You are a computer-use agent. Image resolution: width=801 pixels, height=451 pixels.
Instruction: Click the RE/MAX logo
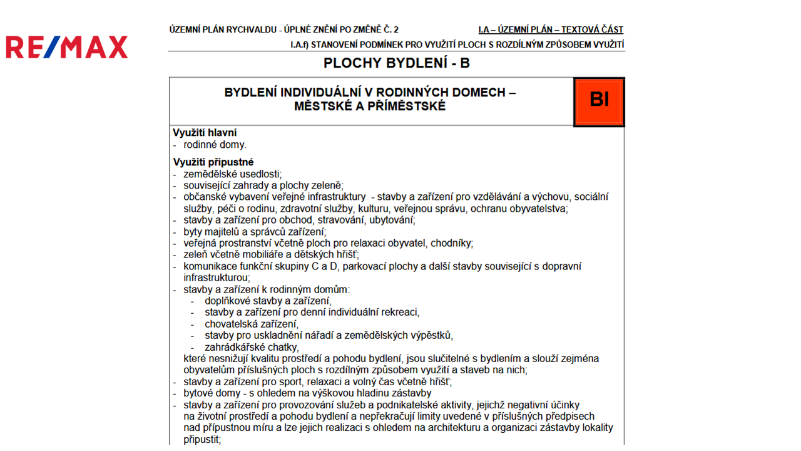(x=67, y=47)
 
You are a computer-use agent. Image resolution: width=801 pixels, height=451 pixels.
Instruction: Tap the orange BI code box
(x=599, y=101)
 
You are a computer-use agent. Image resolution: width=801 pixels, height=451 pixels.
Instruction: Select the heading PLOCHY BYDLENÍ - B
(x=396, y=63)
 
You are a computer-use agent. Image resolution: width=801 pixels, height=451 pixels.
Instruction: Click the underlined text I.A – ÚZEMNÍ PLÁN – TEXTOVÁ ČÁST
(x=551, y=29)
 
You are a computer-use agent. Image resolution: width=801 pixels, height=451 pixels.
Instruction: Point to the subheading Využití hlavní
(x=205, y=133)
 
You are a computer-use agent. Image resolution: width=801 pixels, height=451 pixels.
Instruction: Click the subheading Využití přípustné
(x=213, y=162)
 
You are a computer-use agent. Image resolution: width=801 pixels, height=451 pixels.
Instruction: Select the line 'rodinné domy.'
(x=215, y=145)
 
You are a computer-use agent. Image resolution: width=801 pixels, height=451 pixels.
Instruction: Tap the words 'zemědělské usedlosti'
(x=232, y=174)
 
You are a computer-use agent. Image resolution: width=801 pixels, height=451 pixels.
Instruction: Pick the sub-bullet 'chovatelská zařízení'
(x=251, y=324)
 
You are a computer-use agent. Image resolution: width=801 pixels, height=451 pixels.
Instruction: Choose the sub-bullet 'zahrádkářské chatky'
(x=251, y=347)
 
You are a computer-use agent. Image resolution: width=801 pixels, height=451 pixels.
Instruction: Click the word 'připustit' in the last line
(x=202, y=439)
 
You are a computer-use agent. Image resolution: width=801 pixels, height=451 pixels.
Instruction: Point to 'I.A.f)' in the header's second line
(x=299, y=44)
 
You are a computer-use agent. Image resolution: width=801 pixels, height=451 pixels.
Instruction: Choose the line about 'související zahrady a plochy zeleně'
(x=263, y=185)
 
